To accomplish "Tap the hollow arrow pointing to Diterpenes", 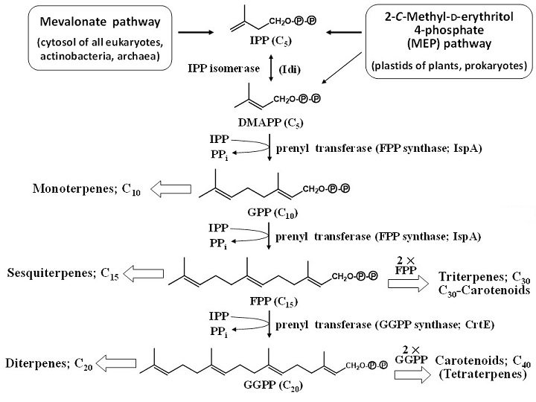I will point(133,364).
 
